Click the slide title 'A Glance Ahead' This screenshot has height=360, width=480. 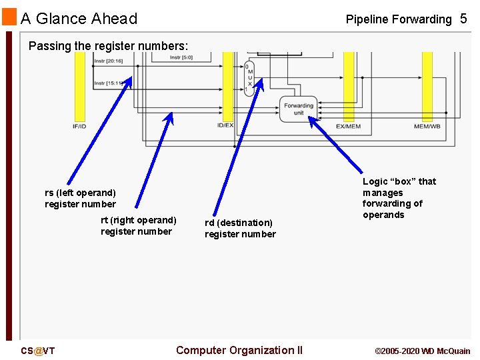coord(79,19)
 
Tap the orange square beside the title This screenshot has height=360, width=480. coord(9,17)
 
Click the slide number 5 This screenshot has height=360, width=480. coord(463,19)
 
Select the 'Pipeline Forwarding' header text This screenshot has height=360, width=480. coord(398,19)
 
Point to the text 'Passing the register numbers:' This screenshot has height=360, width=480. coord(109,46)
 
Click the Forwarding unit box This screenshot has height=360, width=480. coord(298,109)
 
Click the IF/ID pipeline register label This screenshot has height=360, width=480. coord(79,126)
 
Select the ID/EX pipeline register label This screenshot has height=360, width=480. coord(225,125)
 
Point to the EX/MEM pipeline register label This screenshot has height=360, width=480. coord(348,126)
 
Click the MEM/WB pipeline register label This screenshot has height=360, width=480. coord(427,126)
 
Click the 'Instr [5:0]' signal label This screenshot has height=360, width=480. coord(182,57)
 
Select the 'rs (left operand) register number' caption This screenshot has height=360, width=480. coord(80,199)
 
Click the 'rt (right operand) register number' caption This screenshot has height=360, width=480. coord(138,226)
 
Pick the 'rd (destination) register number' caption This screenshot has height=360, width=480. coord(239,228)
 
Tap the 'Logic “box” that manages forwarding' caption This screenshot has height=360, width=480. coord(399,198)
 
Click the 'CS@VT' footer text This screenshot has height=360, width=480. coord(37,351)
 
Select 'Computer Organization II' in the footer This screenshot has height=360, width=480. coord(239,350)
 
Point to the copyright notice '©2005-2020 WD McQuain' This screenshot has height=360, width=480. coord(422,351)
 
